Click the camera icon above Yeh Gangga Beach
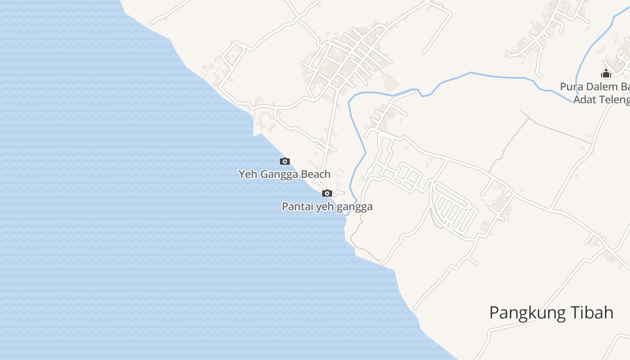coord(284,161)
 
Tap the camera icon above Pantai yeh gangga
coord(327,193)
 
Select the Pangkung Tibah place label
coord(551,312)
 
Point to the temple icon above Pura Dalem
coord(606,73)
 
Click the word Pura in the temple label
coord(570,86)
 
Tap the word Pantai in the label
coord(297,207)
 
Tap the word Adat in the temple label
coord(583,99)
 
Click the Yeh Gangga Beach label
coord(284,174)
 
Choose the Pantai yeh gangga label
coord(327,207)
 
